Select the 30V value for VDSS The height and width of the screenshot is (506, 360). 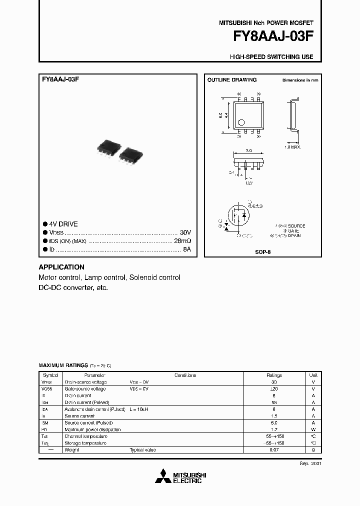tap(185, 232)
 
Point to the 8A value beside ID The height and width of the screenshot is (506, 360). tap(187, 248)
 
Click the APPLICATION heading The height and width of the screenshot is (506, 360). tap(61, 267)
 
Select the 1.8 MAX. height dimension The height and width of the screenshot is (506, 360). tap(292, 147)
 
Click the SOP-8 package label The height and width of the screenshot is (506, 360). tap(262, 252)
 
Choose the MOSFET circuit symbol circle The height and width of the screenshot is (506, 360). tap(239, 217)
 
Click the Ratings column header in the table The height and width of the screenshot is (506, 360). tap(274, 375)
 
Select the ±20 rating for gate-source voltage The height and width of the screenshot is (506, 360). tap(274, 388)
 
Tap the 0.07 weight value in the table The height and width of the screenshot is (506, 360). tap(274, 450)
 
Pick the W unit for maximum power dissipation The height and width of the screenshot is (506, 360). tap(313, 429)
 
